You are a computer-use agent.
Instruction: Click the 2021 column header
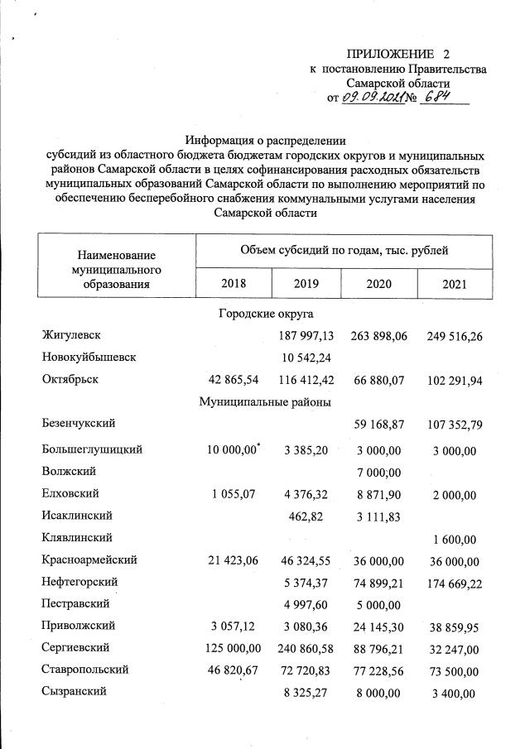(x=454, y=284)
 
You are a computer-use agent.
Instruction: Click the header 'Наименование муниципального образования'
(x=116, y=270)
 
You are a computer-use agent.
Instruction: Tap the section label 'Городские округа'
(x=265, y=314)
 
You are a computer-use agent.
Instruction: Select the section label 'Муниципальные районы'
(x=265, y=402)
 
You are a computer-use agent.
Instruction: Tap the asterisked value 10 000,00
(x=233, y=449)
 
